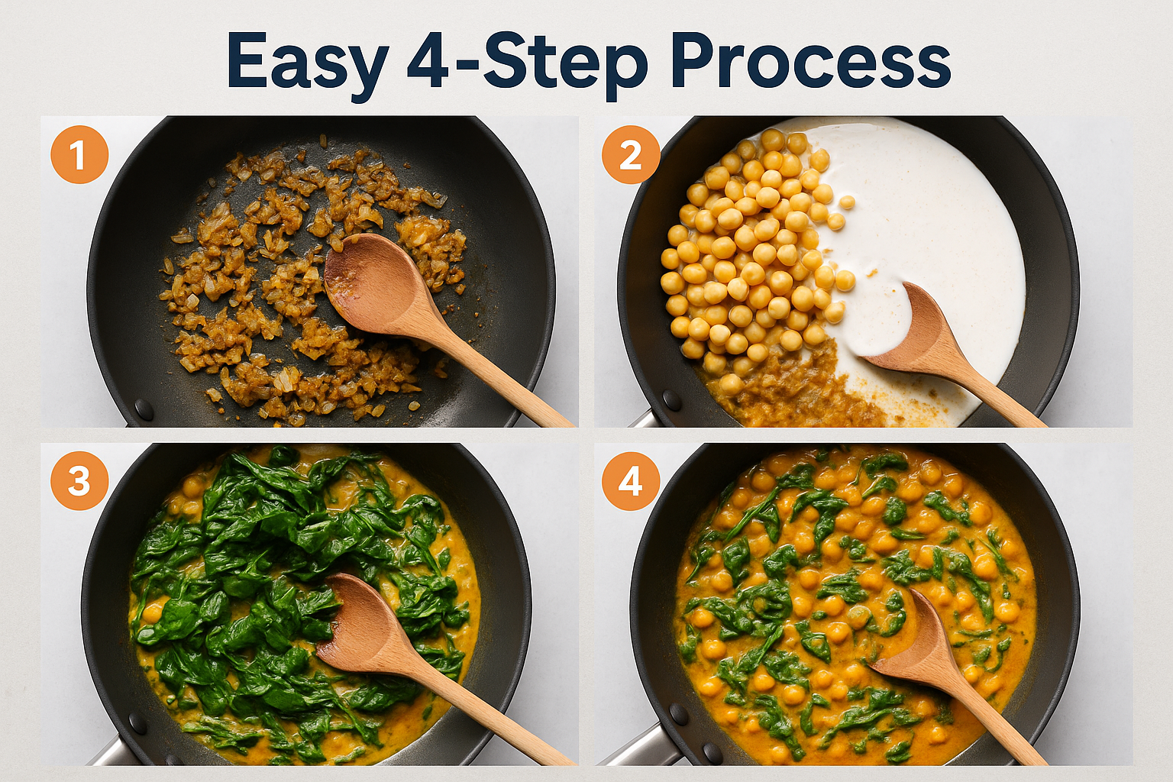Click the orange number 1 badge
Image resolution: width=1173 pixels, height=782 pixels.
point(79,155)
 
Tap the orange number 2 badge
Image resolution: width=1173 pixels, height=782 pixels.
point(631,155)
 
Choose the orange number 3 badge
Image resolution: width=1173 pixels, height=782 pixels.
point(79,482)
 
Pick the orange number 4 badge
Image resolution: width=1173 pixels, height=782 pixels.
point(631,482)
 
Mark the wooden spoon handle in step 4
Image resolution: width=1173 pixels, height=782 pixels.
point(1000,725)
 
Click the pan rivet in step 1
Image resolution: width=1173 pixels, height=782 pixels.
point(144,409)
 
